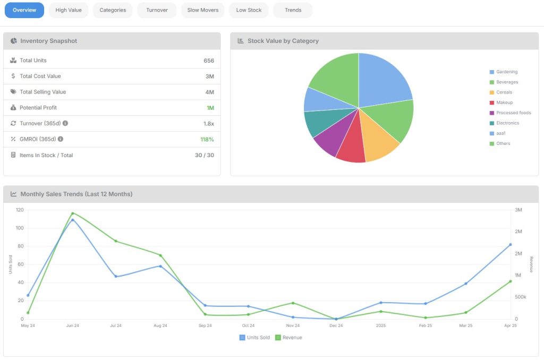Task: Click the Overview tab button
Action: tap(24, 10)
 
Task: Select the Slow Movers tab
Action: tap(202, 10)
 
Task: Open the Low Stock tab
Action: tap(249, 10)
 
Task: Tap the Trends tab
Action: tap(293, 10)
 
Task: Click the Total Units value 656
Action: tap(208, 61)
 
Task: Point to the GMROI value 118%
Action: tap(207, 139)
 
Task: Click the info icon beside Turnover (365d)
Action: tap(65, 123)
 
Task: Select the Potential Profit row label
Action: tap(38, 108)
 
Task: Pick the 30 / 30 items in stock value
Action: tap(204, 155)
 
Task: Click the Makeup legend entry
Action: tap(504, 102)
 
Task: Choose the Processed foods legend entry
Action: tap(512, 113)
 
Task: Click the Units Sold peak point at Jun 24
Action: tap(73, 220)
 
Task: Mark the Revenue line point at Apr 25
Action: tap(511, 281)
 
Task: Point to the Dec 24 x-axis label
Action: tap(336, 325)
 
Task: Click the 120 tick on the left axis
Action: tap(20, 210)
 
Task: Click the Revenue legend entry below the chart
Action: tap(288, 338)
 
